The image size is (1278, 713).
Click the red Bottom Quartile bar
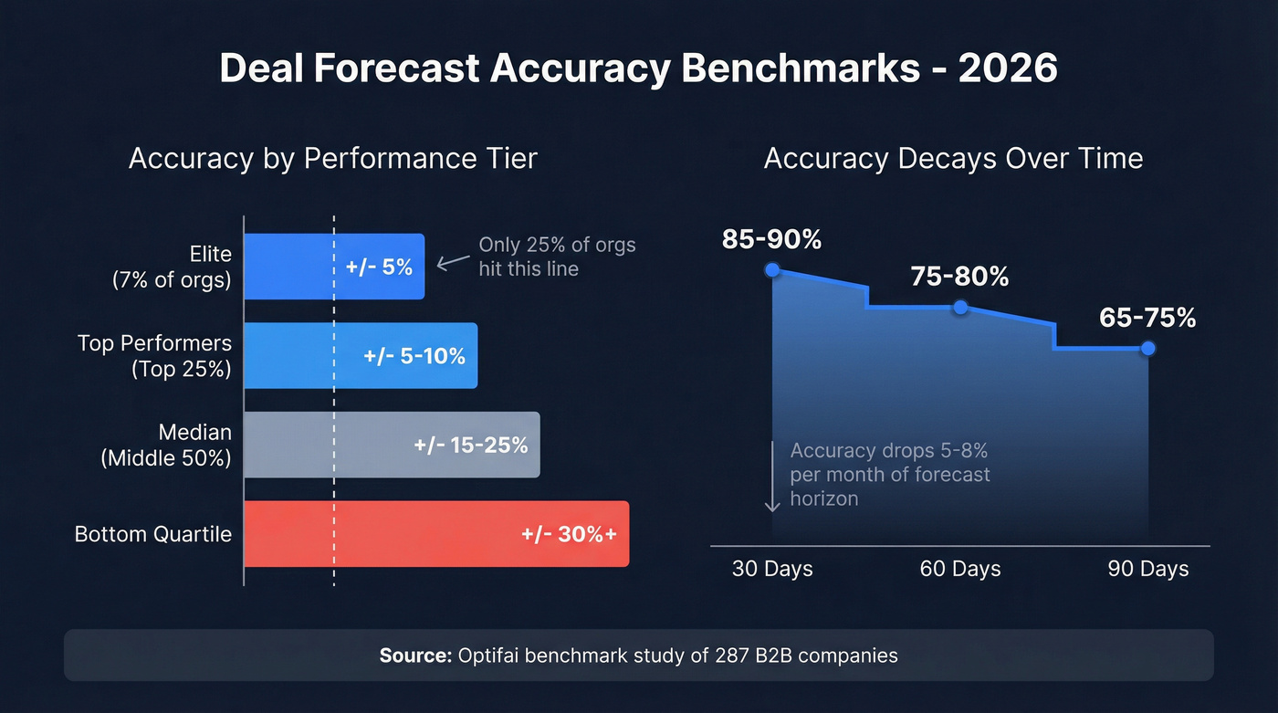[x=436, y=533]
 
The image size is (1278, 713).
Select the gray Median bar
[x=393, y=445]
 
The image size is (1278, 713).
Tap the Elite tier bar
[x=334, y=267]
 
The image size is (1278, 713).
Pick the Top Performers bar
[x=361, y=355]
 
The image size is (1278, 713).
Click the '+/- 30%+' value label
[x=569, y=534]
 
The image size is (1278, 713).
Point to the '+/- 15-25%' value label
[x=470, y=446]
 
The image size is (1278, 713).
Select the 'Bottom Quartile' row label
[x=152, y=534]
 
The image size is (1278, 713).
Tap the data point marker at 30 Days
[x=772, y=269]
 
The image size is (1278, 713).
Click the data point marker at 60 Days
[x=959, y=308]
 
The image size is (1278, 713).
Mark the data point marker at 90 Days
[x=1148, y=348]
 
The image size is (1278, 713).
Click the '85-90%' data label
[x=771, y=239]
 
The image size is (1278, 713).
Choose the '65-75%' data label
[x=1147, y=318]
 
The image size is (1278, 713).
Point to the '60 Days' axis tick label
[x=959, y=569]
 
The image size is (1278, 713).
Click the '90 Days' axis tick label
[x=1147, y=569]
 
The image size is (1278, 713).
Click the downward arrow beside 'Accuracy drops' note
[x=772, y=476]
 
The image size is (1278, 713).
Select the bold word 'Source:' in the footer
[x=415, y=655]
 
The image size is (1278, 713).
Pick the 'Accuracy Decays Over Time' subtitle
[x=953, y=158]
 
